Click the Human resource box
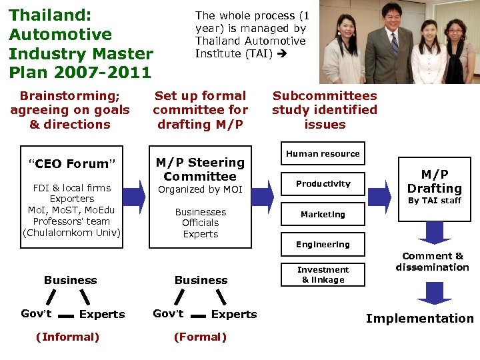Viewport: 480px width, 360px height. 323,153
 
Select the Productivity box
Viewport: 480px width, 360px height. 323,184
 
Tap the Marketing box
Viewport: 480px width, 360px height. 323,215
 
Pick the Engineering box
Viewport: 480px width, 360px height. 323,245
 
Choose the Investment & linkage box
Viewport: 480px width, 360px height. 323,275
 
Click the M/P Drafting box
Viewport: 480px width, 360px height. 434,186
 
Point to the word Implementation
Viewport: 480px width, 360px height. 420,319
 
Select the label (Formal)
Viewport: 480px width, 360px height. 200,337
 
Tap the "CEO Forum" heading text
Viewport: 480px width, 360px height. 71,164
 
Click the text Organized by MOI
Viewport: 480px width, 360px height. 200,190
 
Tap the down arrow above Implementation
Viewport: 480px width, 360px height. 434,291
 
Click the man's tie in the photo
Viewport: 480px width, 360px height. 395,43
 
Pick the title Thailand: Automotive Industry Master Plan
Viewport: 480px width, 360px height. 81,43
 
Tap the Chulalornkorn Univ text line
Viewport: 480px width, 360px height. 71,233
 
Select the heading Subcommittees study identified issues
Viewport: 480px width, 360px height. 324,110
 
